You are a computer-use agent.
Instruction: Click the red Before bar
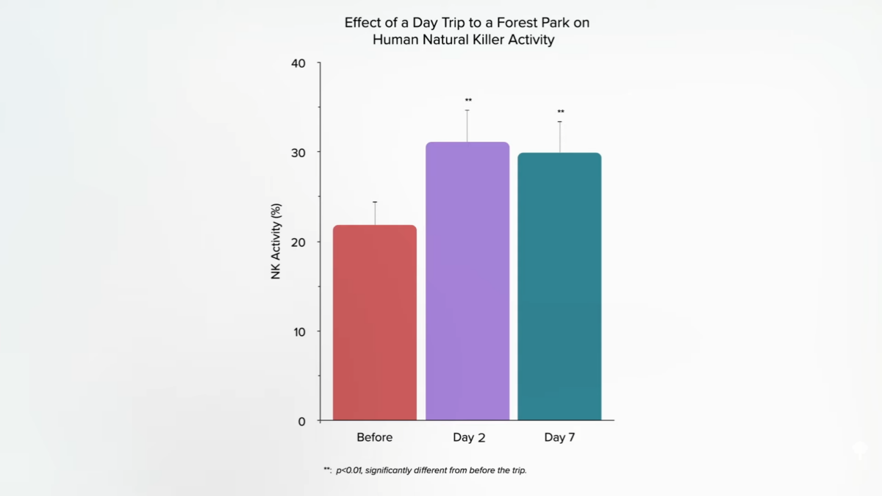coord(375,323)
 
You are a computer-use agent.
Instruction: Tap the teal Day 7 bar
coord(559,287)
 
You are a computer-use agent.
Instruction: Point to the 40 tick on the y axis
coord(298,63)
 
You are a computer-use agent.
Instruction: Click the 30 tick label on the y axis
coord(298,152)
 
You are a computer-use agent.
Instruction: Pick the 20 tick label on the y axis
coord(298,242)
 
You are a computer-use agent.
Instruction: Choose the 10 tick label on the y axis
coord(298,331)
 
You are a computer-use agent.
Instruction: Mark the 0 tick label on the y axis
coord(301,421)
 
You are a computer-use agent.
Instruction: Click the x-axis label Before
coord(375,437)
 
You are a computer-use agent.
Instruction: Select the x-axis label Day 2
coord(468,437)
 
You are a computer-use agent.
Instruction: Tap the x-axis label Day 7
coord(559,437)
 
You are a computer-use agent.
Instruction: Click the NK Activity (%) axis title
coord(276,242)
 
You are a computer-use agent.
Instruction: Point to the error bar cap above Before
coord(375,202)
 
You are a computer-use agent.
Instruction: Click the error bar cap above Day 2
coord(467,110)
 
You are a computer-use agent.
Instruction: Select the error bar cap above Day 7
coord(559,122)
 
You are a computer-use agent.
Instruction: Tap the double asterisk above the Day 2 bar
coord(468,100)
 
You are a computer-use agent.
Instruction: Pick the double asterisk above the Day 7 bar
coord(561,112)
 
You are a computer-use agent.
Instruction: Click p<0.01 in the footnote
coord(349,470)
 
